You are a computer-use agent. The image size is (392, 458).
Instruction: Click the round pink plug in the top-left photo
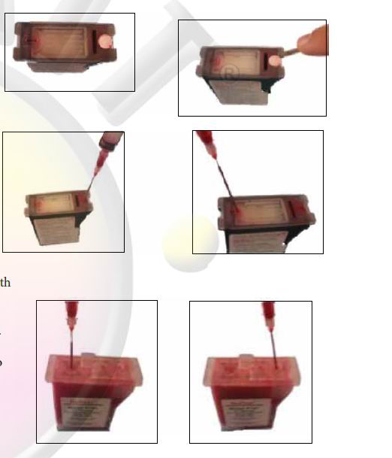click(x=106, y=43)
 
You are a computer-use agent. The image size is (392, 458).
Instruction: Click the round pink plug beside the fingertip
click(x=276, y=56)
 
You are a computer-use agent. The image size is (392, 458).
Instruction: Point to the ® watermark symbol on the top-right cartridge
click(x=229, y=71)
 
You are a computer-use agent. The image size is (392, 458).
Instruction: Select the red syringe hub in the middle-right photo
click(x=204, y=141)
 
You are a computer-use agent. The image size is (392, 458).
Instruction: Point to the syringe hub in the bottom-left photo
click(x=71, y=316)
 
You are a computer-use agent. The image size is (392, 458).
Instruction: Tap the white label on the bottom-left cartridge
click(x=89, y=412)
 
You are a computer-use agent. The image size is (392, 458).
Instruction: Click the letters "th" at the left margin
click(x=5, y=283)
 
